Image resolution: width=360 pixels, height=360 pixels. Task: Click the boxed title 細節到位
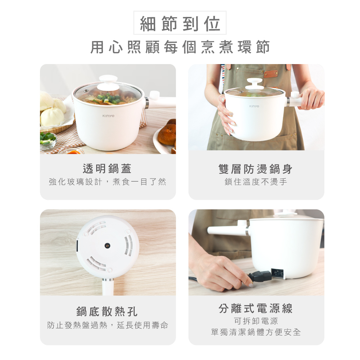(180, 23)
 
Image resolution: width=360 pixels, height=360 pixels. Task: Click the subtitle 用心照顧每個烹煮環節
(180, 47)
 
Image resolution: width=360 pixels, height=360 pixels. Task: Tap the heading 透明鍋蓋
(107, 169)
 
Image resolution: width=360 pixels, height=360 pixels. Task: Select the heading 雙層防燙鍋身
(256, 169)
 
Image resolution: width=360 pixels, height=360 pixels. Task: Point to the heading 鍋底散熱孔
(107, 311)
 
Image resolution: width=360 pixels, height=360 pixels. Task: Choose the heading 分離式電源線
(256, 308)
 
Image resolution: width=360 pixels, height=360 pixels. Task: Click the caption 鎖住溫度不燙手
(256, 182)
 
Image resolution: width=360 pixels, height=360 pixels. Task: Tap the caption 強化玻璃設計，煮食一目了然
(107, 182)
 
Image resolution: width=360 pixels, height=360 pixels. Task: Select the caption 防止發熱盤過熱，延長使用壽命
(107, 325)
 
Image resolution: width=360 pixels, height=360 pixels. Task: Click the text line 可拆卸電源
(256, 321)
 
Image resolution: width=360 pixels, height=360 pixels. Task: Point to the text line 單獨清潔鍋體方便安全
(256, 332)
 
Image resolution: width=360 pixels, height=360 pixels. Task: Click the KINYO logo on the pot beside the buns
(108, 116)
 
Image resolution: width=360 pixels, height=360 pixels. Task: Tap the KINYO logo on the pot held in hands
(254, 106)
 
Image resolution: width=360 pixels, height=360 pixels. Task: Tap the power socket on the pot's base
(277, 274)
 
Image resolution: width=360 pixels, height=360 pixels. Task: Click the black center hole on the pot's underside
(107, 246)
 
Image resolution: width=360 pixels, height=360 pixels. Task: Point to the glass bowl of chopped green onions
(48, 140)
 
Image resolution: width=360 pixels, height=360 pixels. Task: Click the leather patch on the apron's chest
(271, 74)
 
